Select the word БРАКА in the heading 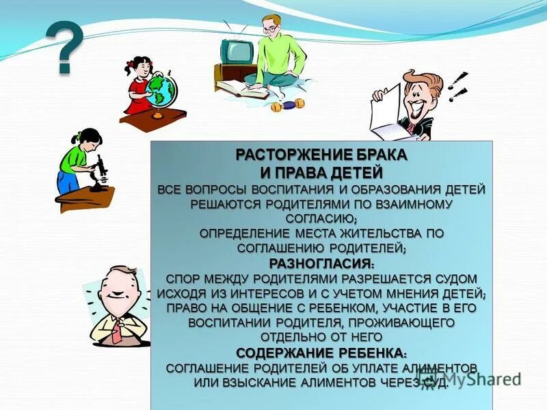click(381, 154)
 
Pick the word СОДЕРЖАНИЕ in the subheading click(284, 353)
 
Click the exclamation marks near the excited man click(456, 85)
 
